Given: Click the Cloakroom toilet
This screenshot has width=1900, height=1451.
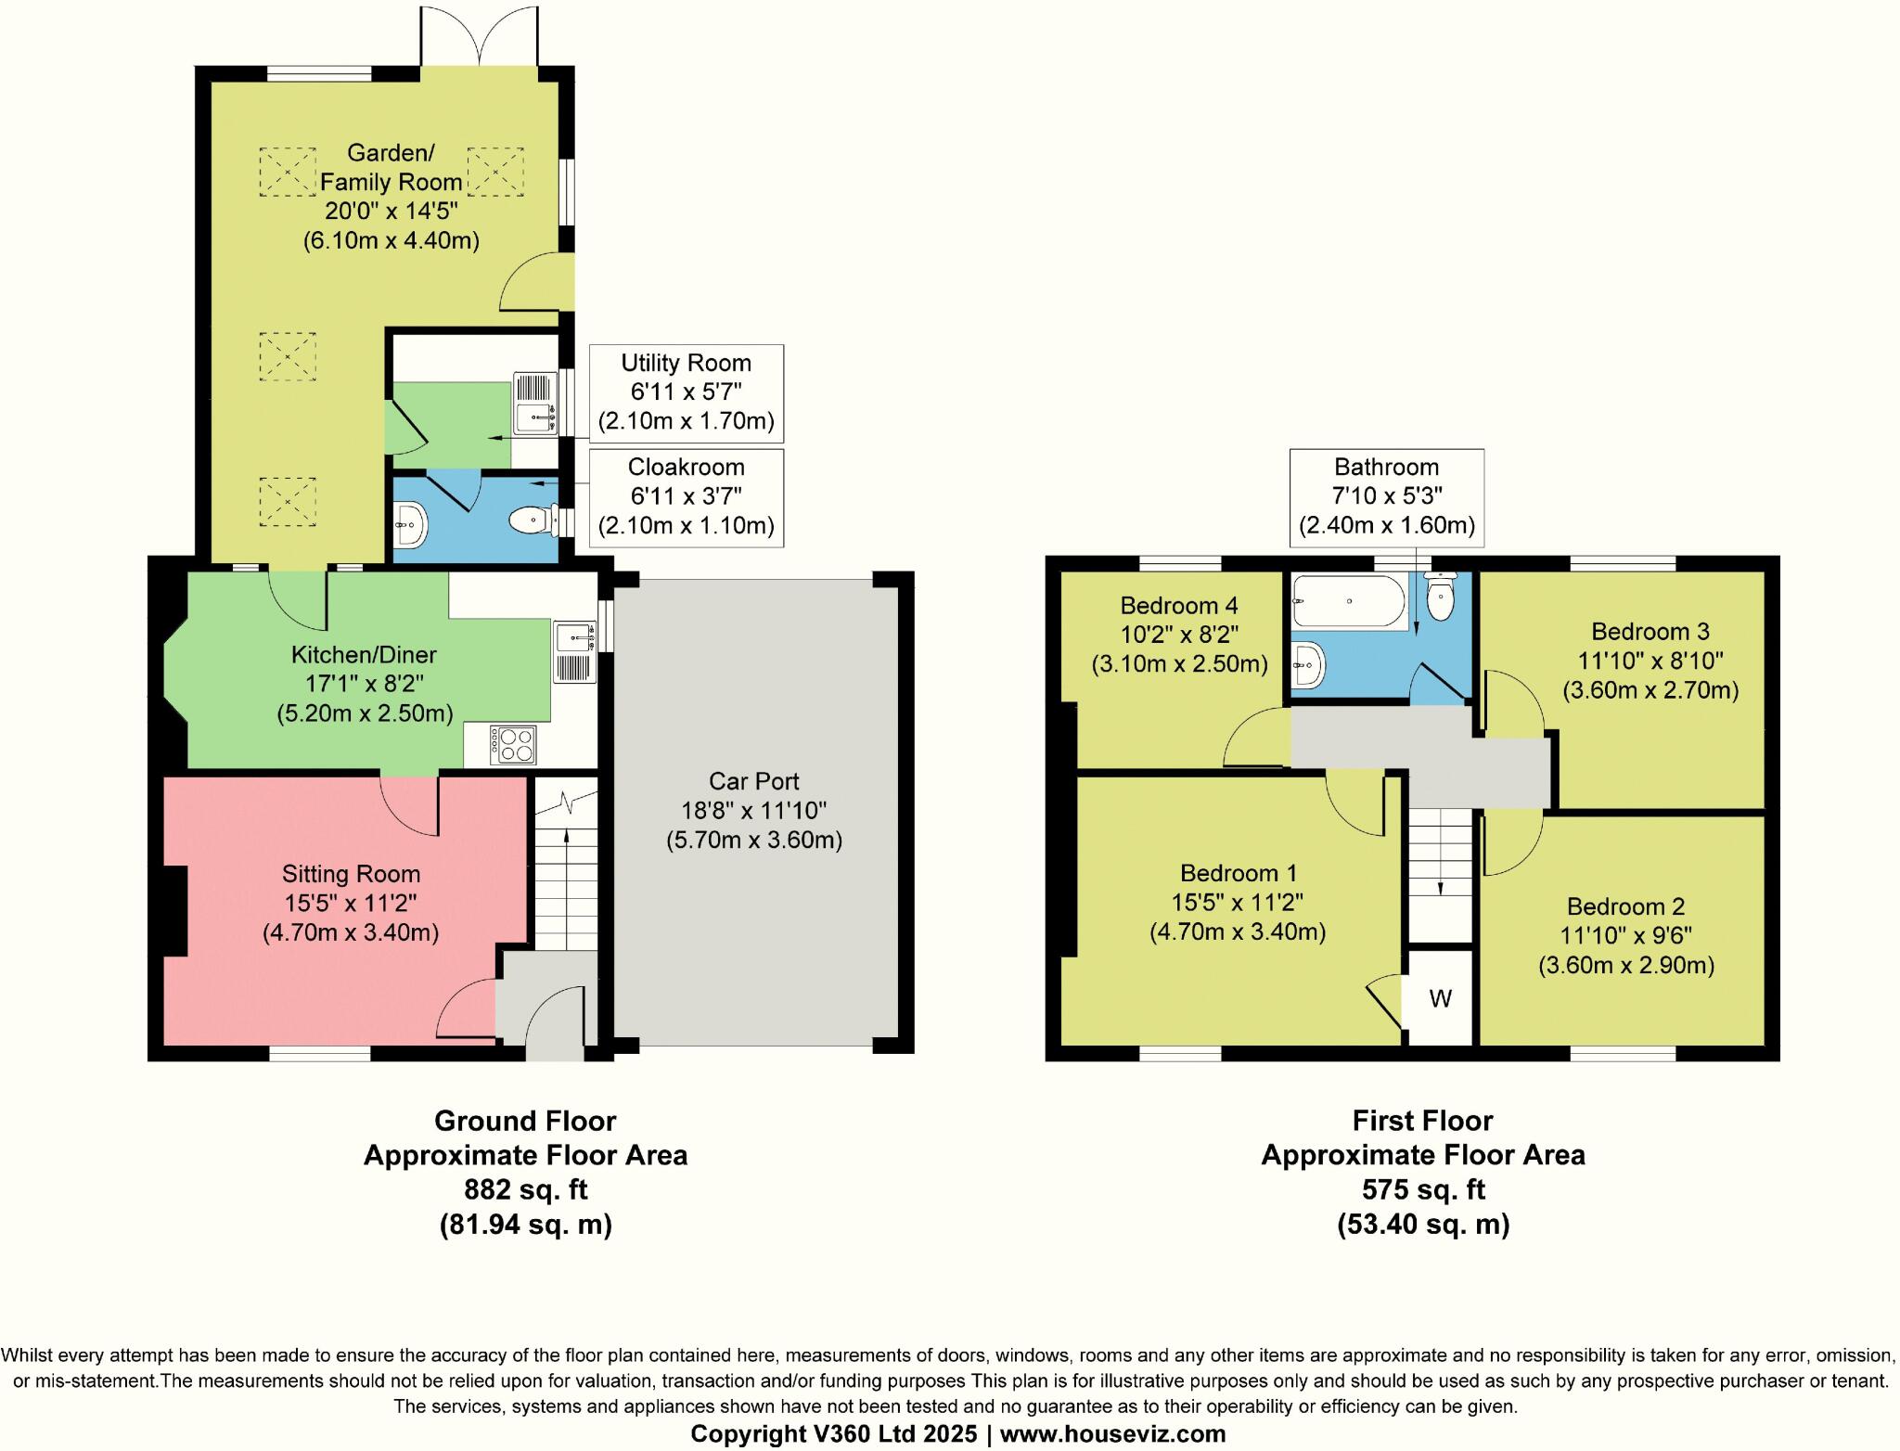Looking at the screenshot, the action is click(534, 520).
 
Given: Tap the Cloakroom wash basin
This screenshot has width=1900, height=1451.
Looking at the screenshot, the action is click(410, 525).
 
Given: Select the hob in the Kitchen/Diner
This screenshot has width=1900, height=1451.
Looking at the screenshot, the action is click(513, 745).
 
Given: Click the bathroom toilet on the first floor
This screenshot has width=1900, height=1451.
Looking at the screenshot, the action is click(1440, 596).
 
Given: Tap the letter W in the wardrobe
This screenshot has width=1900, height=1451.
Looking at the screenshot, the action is click(1440, 999).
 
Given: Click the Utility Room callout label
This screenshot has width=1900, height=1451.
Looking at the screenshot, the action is click(687, 392).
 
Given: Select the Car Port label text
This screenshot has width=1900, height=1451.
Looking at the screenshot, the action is click(754, 811).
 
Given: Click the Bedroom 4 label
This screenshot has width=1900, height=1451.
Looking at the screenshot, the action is click(1179, 635).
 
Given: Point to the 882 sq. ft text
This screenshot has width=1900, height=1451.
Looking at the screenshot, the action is click(526, 1189).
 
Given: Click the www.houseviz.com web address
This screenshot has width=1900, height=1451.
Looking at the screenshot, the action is click(1113, 1433).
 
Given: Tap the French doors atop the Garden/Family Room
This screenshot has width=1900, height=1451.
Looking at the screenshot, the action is click(480, 37).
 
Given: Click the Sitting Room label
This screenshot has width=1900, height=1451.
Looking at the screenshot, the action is click(352, 903).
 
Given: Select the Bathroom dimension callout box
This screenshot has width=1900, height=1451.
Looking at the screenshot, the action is click(1387, 497).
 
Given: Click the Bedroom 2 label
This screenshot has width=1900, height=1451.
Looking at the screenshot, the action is click(1626, 936).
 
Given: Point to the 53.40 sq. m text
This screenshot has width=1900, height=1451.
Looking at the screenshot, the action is click(1424, 1225).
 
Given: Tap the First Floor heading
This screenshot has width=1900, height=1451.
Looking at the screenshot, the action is click(1423, 1121).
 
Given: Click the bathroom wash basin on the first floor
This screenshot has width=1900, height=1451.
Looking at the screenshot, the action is click(1307, 665).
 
